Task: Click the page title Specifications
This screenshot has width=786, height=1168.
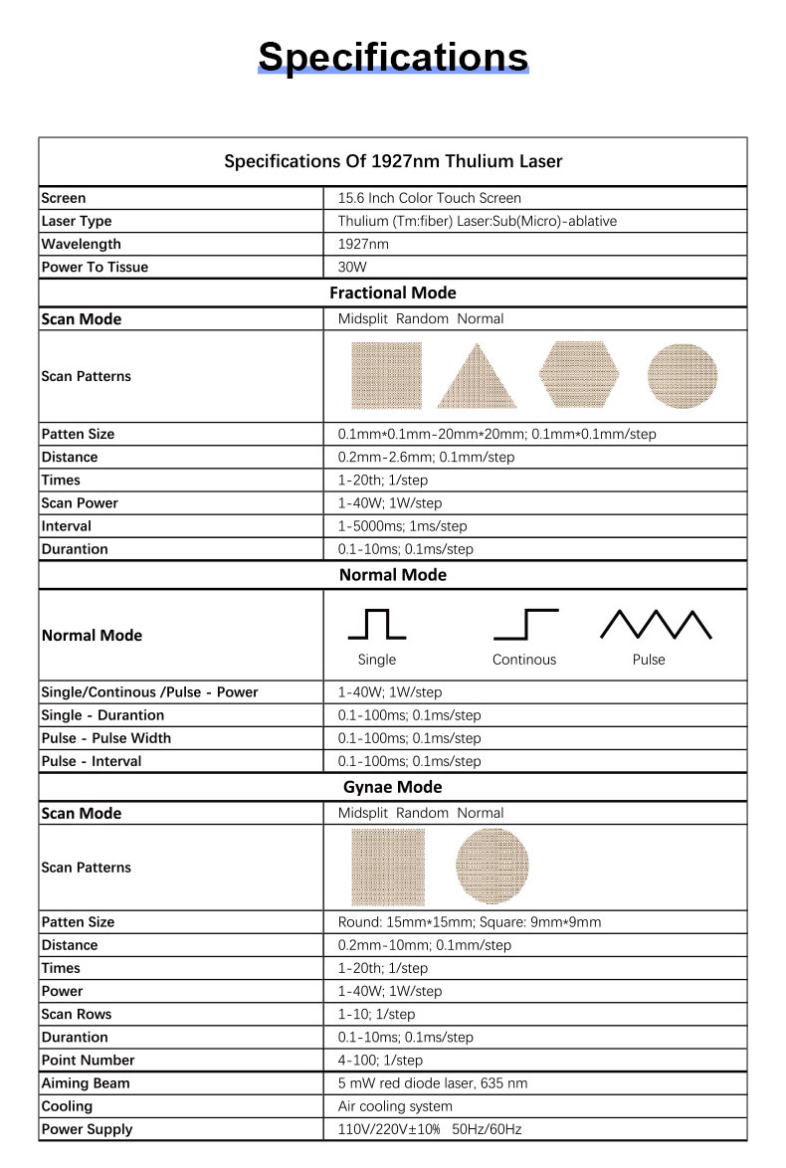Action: point(393,57)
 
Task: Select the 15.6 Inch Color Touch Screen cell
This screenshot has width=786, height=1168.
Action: point(429,198)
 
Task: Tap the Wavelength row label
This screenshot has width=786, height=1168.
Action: point(82,244)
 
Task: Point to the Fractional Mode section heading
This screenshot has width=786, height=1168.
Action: point(393,292)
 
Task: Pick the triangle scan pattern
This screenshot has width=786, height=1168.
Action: point(477,376)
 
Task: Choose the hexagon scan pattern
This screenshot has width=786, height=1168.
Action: point(579,375)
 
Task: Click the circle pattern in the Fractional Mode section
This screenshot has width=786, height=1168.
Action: point(682,375)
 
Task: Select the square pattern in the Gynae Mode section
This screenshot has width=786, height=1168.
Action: point(388,866)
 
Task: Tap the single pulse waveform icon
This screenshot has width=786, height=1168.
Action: point(376,624)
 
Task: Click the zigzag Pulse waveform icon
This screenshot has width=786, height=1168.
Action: point(656,624)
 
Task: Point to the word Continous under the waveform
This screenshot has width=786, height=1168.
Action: point(524,660)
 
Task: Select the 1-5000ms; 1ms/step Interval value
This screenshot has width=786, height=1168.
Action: point(402,526)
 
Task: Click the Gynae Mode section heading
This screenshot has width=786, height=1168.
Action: point(393,787)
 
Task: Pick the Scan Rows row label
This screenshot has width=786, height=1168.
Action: point(77,1014)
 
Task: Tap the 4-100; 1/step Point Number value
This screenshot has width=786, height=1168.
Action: point(380,1060)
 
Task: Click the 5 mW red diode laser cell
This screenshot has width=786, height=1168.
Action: point(433,1082)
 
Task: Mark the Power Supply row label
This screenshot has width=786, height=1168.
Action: point(87,1128)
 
